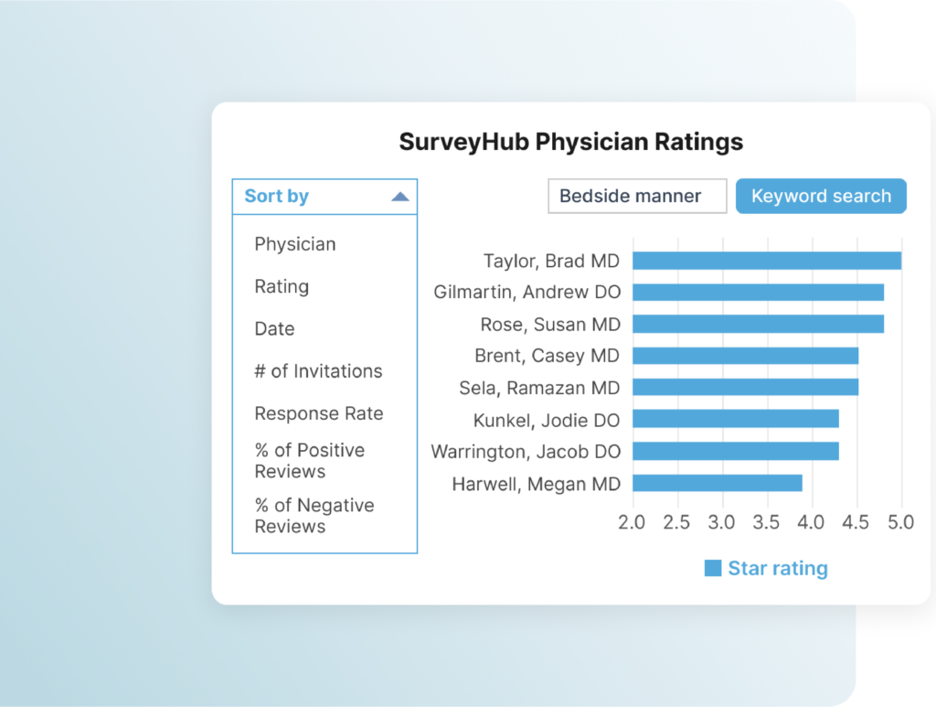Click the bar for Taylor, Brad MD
click(x=766, y=261)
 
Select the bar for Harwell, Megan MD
click(x=717, y=483)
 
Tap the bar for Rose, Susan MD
click(x=758, y=324)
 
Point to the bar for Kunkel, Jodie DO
click(x=735, y=419)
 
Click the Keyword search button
click(x=821, y=196)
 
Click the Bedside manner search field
click(x=637, y=196)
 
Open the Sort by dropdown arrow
click(x=399, y=197)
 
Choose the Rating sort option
click(x=282, y=286)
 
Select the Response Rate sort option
click(x=318, y=413)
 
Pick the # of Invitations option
click(x=318, y=371)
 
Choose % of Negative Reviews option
click(x=314, y=516)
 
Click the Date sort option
click(x=274, y=328)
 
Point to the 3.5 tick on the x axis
click(x=767, y=522)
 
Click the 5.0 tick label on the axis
click(x=901, y=522)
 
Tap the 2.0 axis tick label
click(x=632, y=522)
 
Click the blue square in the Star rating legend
click(x=713, y=568)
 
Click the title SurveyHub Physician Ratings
click(x=570, y=142)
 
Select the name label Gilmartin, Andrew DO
click(x=526, y=293)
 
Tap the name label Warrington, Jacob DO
click(x=526, y=452)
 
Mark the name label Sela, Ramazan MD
click(x=539, y=388)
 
